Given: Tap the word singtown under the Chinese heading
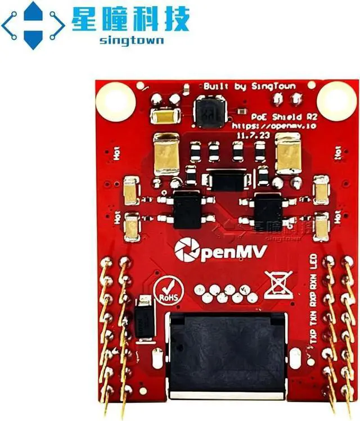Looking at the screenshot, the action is pyautogui.click(x=130, y=40).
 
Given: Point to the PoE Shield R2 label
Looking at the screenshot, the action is pyautogui.click(x=279, y=116).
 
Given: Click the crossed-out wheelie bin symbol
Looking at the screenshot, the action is pyautogui.click(x=278, y=285).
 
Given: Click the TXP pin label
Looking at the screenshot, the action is pyautogui.click(x=314, y=334).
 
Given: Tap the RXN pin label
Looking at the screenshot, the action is pyautogui.click(x=314, y=281).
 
